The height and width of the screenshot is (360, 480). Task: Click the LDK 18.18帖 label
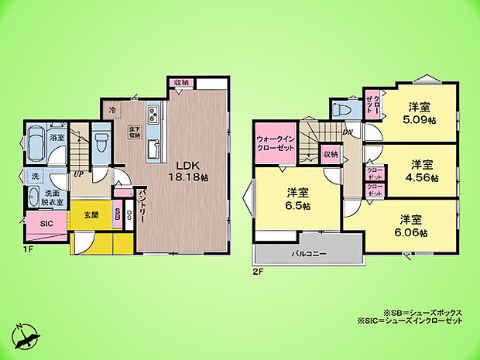coord(190,171)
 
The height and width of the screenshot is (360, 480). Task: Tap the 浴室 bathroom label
coord(57,137)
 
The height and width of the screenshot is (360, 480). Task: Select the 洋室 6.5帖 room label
coord(297,199)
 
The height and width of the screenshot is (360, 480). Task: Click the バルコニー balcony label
coord(307,254)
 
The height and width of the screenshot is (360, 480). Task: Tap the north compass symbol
coord(27,334)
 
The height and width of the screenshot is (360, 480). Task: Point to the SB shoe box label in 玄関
coord(117,213)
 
